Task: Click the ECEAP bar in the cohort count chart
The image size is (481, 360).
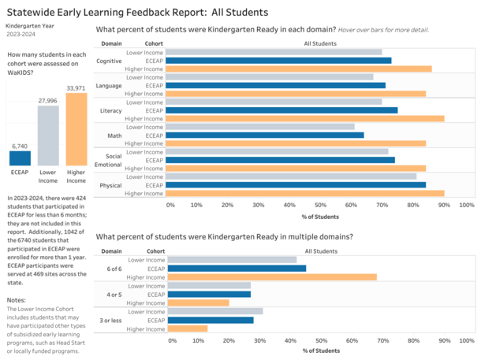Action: click(20, 158)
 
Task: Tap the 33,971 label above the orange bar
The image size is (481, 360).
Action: click(76, 87)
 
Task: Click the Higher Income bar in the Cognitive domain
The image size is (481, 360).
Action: click(299, 69)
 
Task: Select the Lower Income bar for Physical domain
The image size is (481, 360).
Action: click(292, 176)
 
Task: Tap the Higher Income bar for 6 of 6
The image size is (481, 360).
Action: click(271, 276)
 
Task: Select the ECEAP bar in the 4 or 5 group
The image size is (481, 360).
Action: click(208, 294)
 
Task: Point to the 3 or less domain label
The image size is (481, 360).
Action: click(110, 320)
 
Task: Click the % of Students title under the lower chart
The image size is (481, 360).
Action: click(320, 351)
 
